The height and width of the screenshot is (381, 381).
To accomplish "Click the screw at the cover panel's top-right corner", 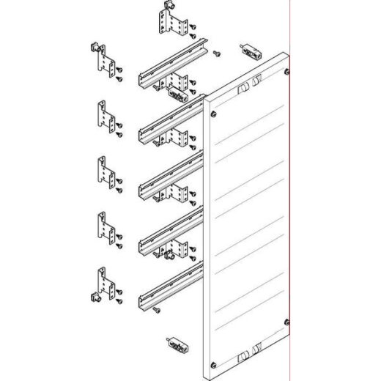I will (284, 71).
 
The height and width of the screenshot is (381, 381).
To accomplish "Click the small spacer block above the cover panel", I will (252, 53).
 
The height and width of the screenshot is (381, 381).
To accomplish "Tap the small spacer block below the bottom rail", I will (177, 342).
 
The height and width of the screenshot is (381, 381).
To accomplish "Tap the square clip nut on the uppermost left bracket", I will (92, 48).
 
